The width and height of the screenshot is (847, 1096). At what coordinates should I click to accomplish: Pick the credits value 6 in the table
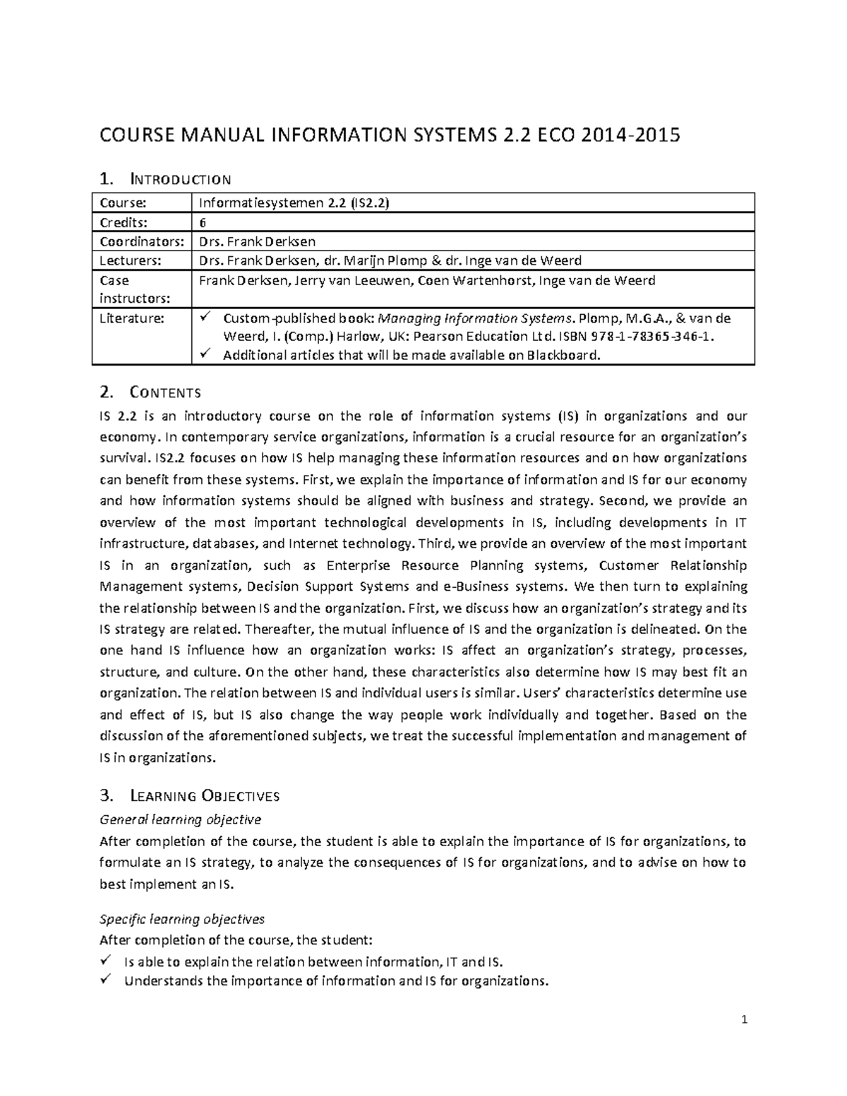203,222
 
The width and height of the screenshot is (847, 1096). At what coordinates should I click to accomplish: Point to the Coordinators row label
141,241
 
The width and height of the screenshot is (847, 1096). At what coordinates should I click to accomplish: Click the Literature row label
132,318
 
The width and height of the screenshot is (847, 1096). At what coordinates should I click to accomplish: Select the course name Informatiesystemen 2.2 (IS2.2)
294,203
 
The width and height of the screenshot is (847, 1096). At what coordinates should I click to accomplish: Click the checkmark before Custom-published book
205,318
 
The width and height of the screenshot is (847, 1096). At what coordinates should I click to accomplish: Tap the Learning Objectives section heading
205,796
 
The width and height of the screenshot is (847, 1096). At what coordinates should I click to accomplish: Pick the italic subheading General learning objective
180,819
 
